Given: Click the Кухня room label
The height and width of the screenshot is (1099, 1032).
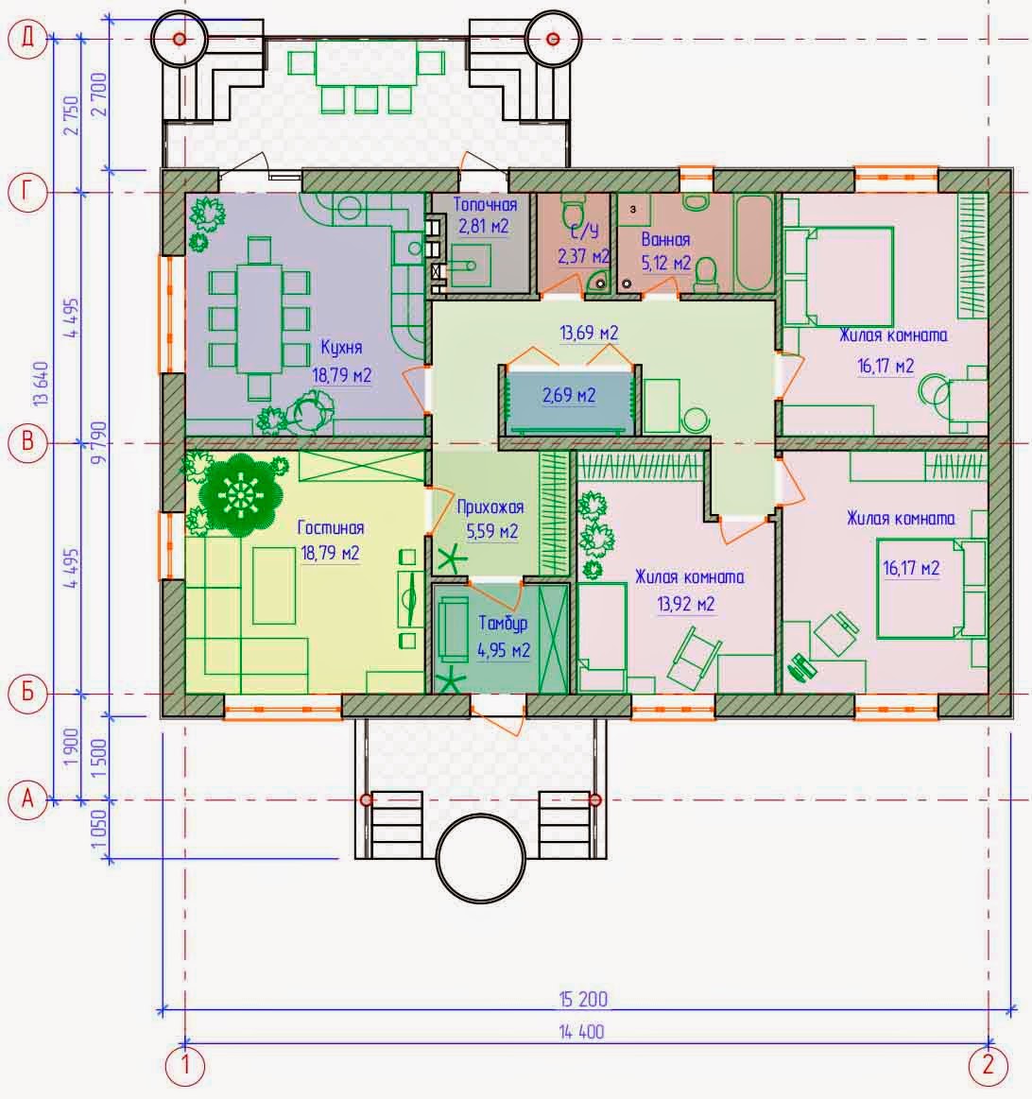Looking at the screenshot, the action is click(341, 348).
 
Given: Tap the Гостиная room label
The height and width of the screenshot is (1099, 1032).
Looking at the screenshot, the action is click(331, 527).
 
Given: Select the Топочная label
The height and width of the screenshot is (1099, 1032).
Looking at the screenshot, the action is click(485, 205).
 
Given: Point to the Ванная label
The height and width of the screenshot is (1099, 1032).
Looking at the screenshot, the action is click(665, 240).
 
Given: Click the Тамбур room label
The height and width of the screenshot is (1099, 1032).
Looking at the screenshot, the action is click(503, 623).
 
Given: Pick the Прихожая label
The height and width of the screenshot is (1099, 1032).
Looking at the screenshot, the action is click(490, 507).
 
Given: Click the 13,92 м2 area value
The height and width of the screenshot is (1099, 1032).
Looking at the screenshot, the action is click(686, 604).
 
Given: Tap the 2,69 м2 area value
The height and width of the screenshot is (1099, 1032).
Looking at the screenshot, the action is click(569, 395).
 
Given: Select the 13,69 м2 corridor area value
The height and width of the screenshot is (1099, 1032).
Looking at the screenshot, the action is click(589, 333).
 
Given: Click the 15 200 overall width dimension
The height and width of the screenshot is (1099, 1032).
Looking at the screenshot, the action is click(583, 999).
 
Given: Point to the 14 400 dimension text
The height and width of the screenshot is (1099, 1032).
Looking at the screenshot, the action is click(582, 1032).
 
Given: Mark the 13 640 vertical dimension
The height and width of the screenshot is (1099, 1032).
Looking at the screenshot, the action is click(41, 384).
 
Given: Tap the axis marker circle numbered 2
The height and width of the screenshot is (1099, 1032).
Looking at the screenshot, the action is click(988, 1066).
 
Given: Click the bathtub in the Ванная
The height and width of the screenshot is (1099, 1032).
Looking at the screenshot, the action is click(753, 243).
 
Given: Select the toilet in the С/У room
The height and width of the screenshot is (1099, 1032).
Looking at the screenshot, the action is click(574, 208).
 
